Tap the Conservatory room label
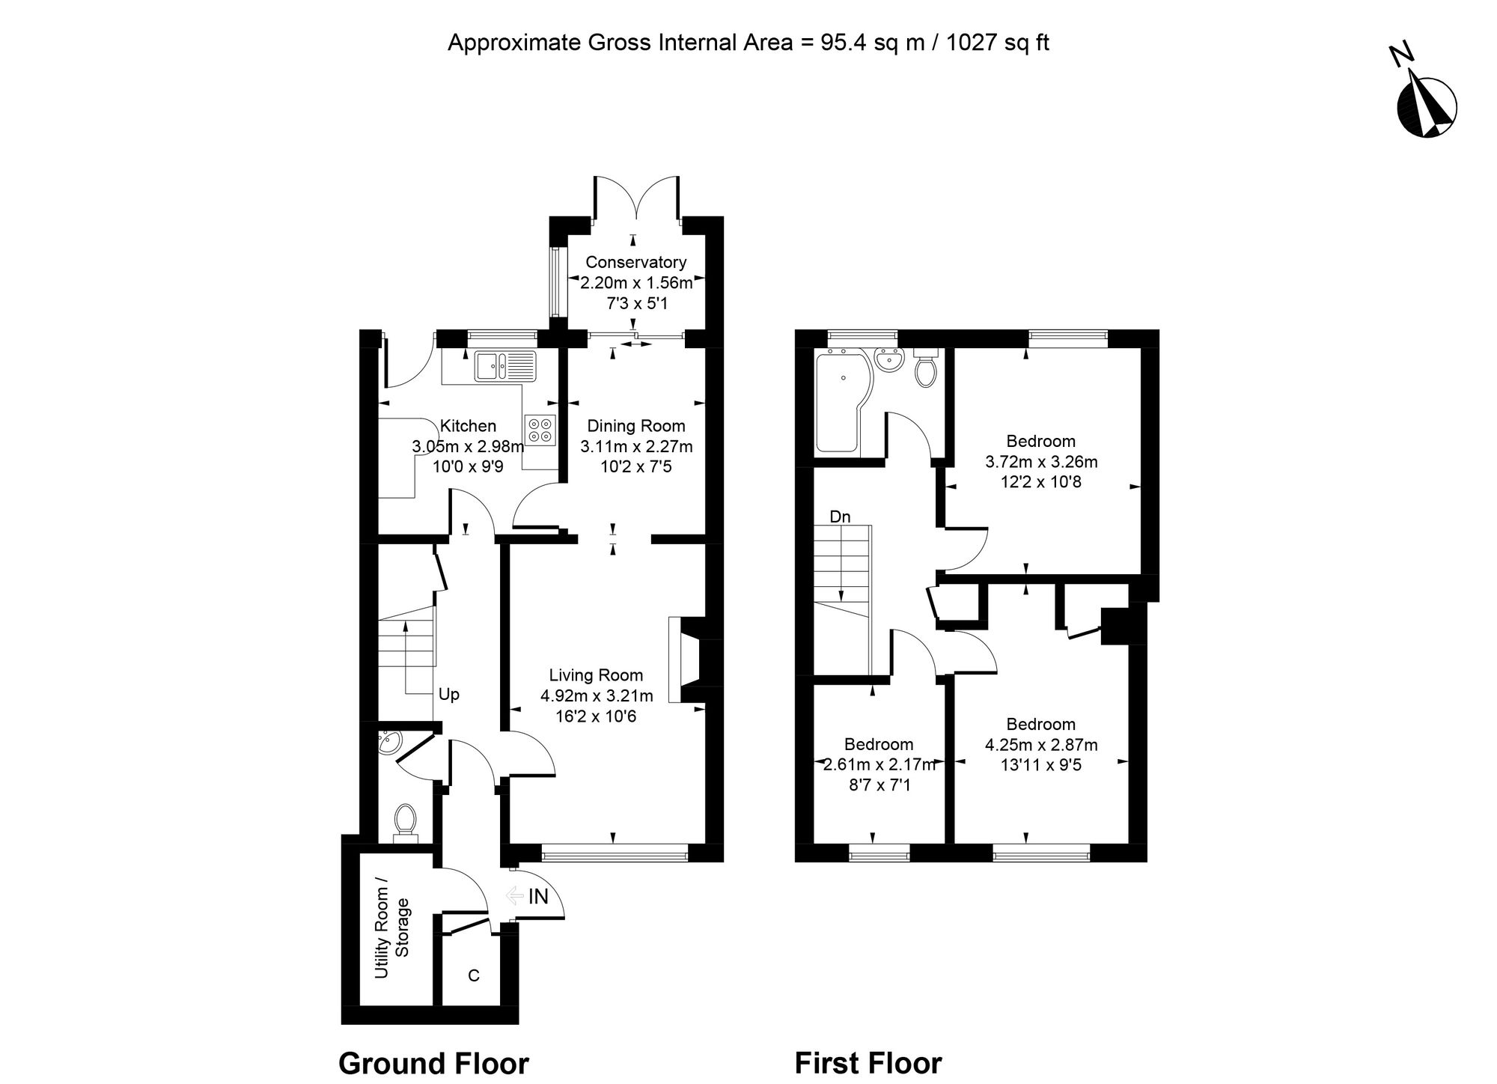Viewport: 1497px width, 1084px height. tap(635, 262)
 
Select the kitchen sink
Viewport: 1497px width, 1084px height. tap(505, 366)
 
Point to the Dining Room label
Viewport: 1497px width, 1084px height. tap(636, 426)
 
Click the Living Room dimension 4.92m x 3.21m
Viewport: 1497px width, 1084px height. tap(597, 695)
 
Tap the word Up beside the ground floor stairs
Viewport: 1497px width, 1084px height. tap(449, 695)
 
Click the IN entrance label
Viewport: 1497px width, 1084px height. tap(539, 896)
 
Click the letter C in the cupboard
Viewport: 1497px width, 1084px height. tap(474, 975)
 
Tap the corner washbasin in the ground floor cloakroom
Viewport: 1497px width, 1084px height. tap(389, 742)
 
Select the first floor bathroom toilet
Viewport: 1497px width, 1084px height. tap(926, 368)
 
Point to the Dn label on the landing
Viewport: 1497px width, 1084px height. tap(840, 517)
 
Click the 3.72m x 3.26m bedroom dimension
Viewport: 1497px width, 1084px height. tap(1041, 462)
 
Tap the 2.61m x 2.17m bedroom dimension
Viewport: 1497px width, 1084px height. tap(879, 764)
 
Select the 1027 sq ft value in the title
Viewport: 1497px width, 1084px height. tap(998, 43)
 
